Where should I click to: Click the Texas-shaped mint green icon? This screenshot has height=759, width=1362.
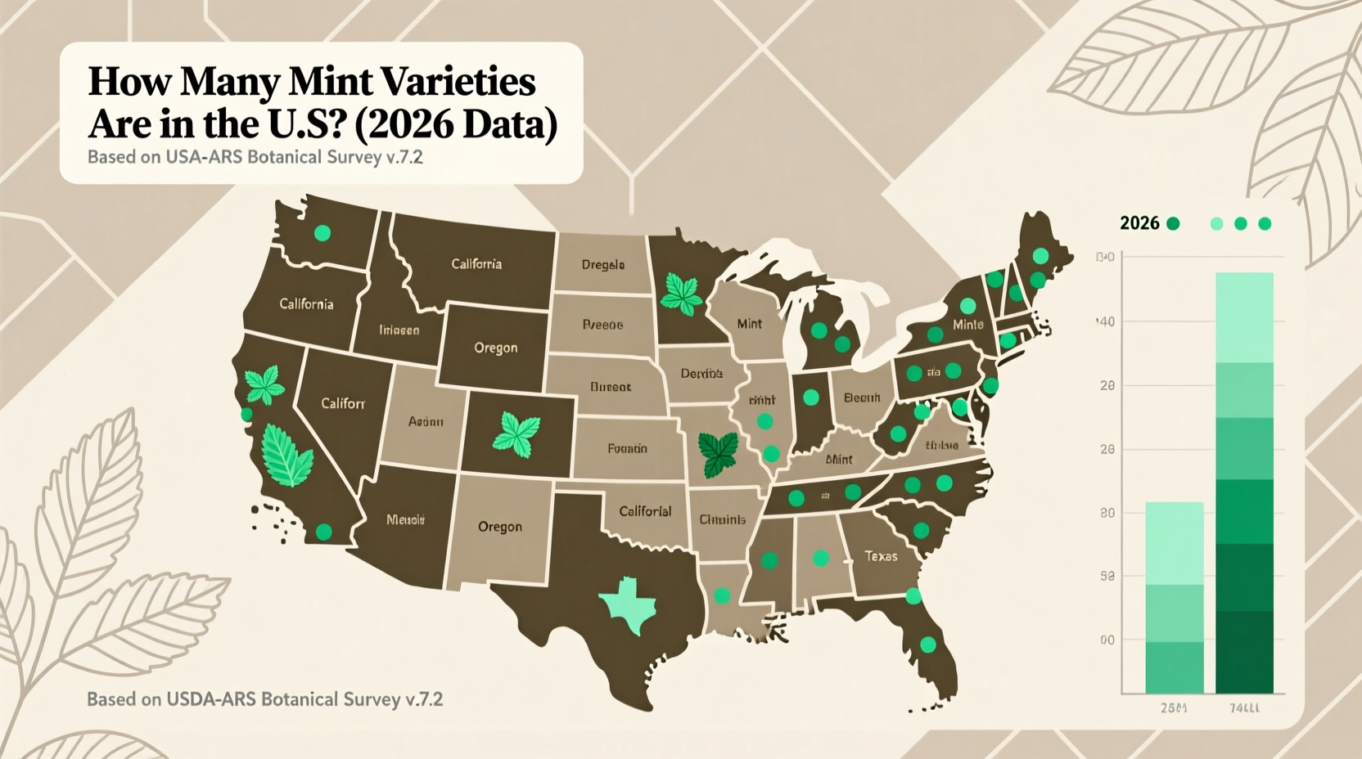[629, 604]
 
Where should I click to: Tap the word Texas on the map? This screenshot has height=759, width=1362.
[881, 556]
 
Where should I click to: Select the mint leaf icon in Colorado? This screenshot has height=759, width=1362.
[516, 434]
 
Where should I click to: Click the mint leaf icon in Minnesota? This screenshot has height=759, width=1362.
[681, 292]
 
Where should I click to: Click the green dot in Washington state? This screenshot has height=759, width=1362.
[322, 233]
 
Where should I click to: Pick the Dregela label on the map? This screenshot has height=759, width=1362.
[603, 265]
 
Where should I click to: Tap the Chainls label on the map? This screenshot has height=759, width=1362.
[722, 519]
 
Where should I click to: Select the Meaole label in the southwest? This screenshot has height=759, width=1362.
[405, 519]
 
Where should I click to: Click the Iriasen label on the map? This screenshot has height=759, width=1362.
[399, 330]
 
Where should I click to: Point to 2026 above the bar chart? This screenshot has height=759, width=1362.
[1139, 223]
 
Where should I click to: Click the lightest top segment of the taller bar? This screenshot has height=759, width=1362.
[1244, 317]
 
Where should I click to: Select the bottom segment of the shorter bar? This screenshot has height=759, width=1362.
[1174, 667]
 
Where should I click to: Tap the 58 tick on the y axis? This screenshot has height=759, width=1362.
[1107, 577]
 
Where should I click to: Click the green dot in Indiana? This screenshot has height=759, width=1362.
[811, 397]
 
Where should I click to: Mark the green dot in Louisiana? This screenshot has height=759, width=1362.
[722, 595]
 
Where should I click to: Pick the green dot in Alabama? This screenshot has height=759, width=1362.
[820, 559]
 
